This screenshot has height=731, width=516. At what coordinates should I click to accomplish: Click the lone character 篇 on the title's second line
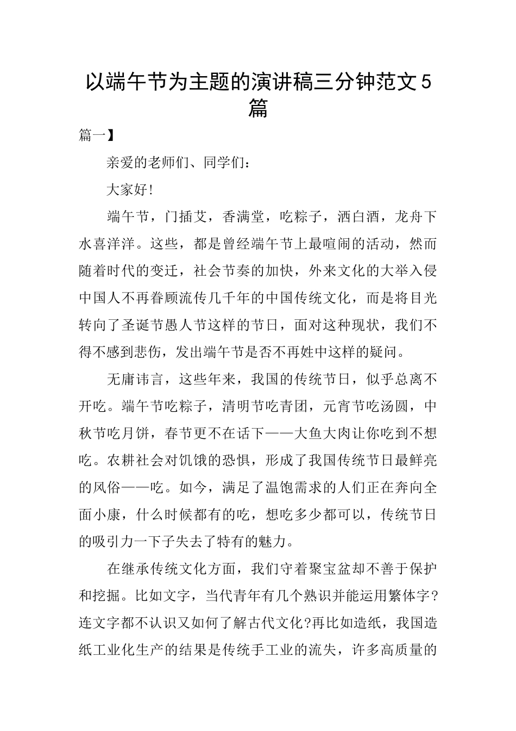tap(257, 109)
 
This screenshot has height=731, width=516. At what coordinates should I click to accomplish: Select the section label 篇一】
tap(96, 135)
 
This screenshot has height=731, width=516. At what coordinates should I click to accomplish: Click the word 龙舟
tap(409, 216)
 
